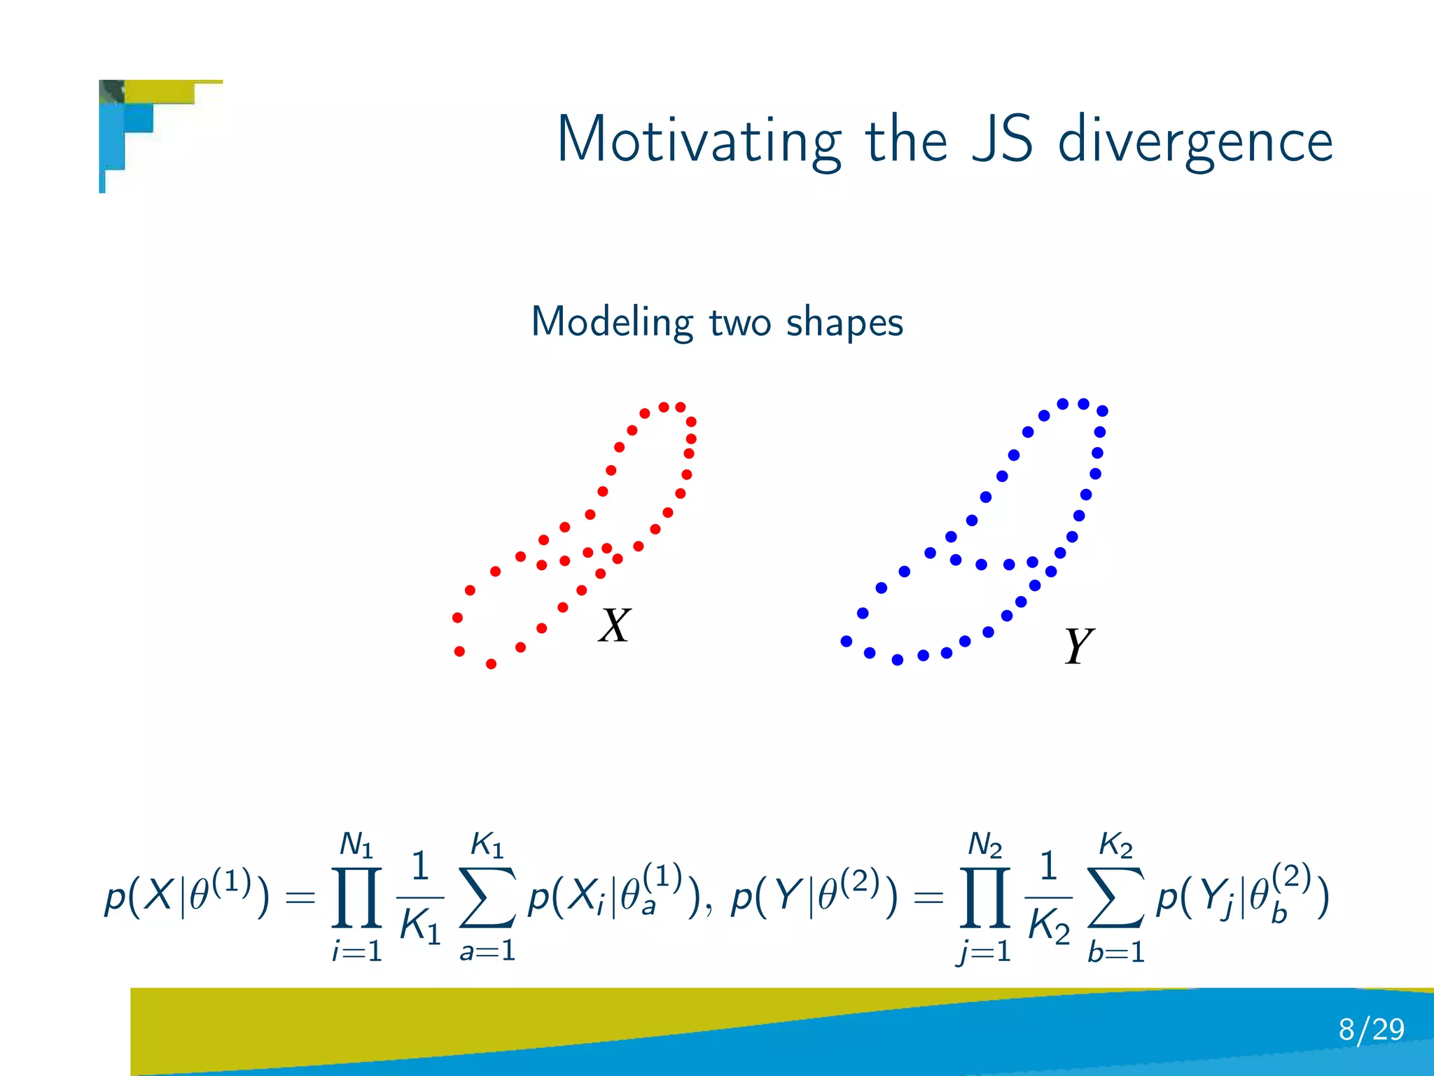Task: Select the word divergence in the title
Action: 1195,140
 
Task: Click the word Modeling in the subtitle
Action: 611,322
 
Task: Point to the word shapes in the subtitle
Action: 844,322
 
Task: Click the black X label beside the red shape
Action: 615,625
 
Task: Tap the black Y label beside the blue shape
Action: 1078,646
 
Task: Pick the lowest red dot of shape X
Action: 491,663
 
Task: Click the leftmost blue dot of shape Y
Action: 846,641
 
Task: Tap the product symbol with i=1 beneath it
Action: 357,898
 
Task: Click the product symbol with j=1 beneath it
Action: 984,898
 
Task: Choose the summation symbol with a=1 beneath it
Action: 488,898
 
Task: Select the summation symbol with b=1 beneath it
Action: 1116,898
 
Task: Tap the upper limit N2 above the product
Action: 984,845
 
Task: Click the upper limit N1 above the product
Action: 356,845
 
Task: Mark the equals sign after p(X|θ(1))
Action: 300,898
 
